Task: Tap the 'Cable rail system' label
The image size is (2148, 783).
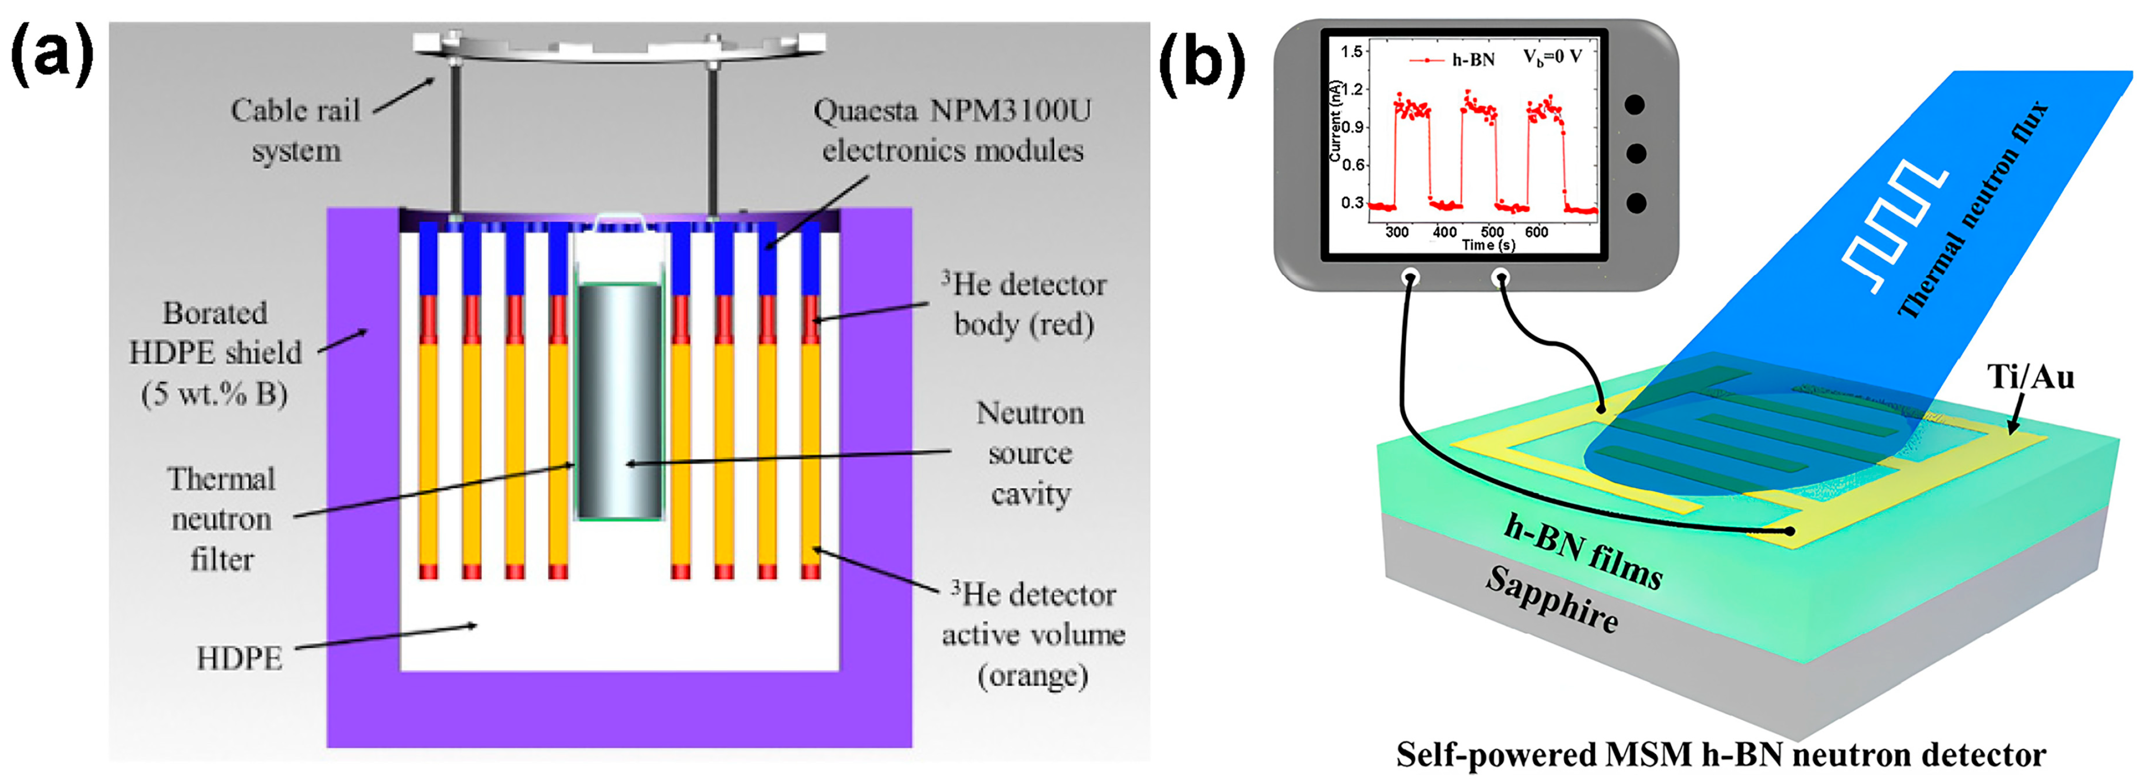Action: (x=296, y=130)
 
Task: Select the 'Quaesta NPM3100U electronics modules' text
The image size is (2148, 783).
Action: (x=952, y=130)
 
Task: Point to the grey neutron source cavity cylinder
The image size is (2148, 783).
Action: (x=619, y=400)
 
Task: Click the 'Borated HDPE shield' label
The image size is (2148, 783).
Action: (x=215, y=353)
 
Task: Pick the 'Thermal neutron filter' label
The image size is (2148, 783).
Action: (x=221, y=519)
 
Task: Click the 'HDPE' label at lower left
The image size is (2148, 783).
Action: (x=240, y=659)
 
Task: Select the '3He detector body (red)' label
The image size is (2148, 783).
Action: (x=1024, y=304)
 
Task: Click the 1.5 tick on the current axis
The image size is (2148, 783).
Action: (x=1351, y=52)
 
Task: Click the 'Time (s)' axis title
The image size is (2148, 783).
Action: (x=1488, y=245)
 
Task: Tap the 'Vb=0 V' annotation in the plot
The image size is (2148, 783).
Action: (x=1552, y=57)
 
